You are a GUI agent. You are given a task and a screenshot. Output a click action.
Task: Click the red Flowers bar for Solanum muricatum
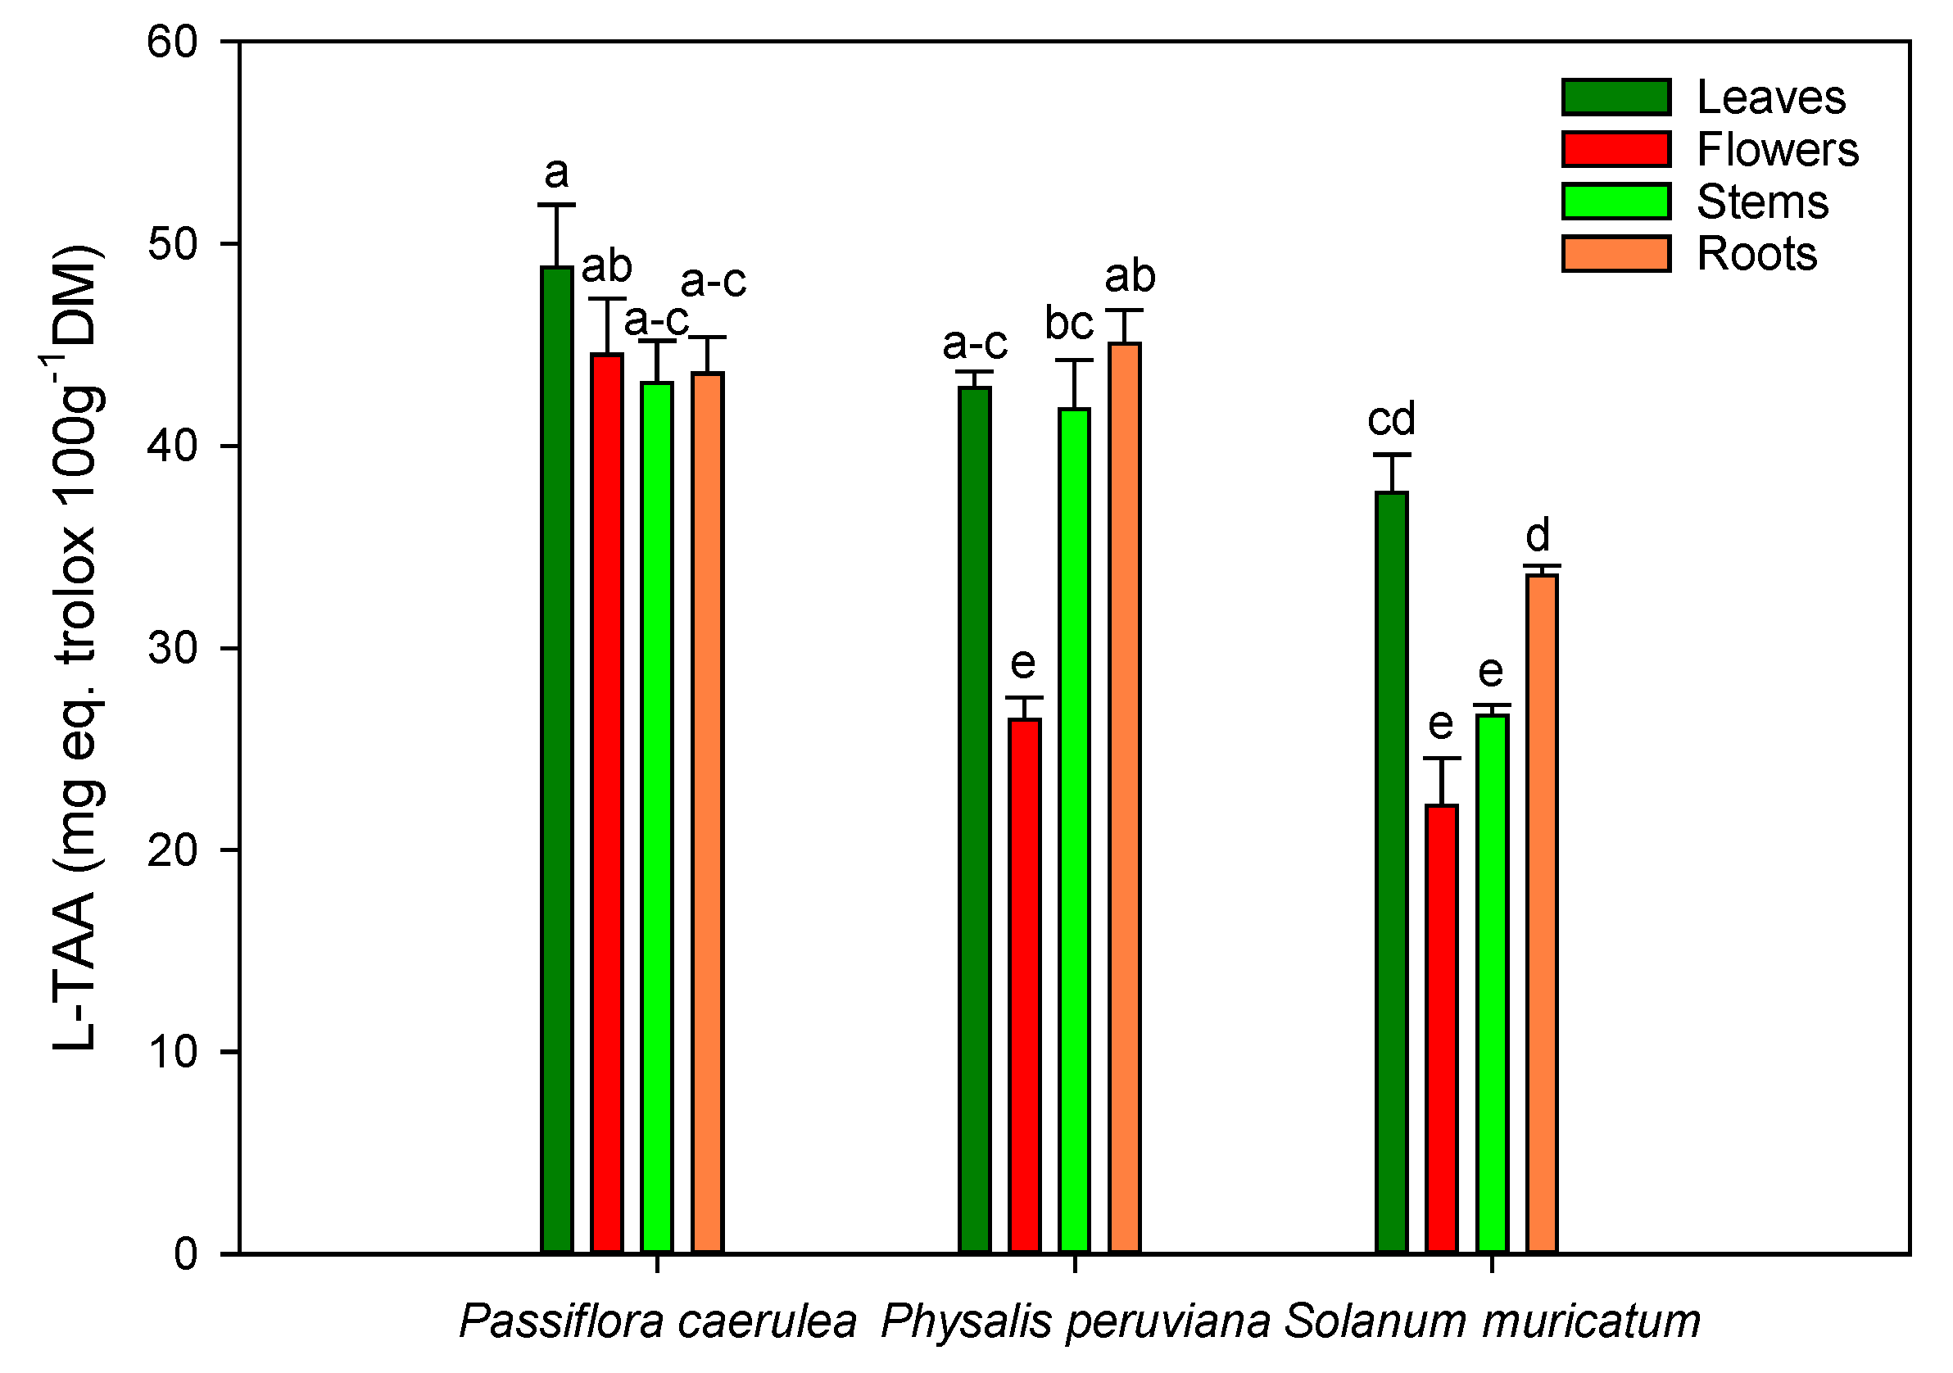point(1441,1028)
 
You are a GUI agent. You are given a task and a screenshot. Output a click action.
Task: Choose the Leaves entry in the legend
point(1770,97)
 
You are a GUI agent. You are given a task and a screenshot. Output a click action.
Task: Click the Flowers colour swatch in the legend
point(1615,149)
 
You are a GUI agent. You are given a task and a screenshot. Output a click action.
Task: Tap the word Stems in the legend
point(1761,202)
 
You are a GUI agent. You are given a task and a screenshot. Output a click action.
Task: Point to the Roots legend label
point(1756,253)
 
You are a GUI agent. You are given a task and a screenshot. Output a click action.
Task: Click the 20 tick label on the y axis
point(172,850)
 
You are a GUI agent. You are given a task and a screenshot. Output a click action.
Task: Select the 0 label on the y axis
point(185,1254)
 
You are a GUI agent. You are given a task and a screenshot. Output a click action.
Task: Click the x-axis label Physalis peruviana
point(1075,1321)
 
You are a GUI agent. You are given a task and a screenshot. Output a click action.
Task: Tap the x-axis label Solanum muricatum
point(1492,1321)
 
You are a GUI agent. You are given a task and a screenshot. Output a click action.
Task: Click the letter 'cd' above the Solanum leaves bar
point(1391,419)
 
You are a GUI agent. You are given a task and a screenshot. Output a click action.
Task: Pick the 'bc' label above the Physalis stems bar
point(1068,324)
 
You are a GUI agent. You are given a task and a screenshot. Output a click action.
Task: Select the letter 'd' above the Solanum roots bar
point(1537,535)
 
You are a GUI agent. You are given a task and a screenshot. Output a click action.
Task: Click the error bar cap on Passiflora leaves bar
point(556,205)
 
